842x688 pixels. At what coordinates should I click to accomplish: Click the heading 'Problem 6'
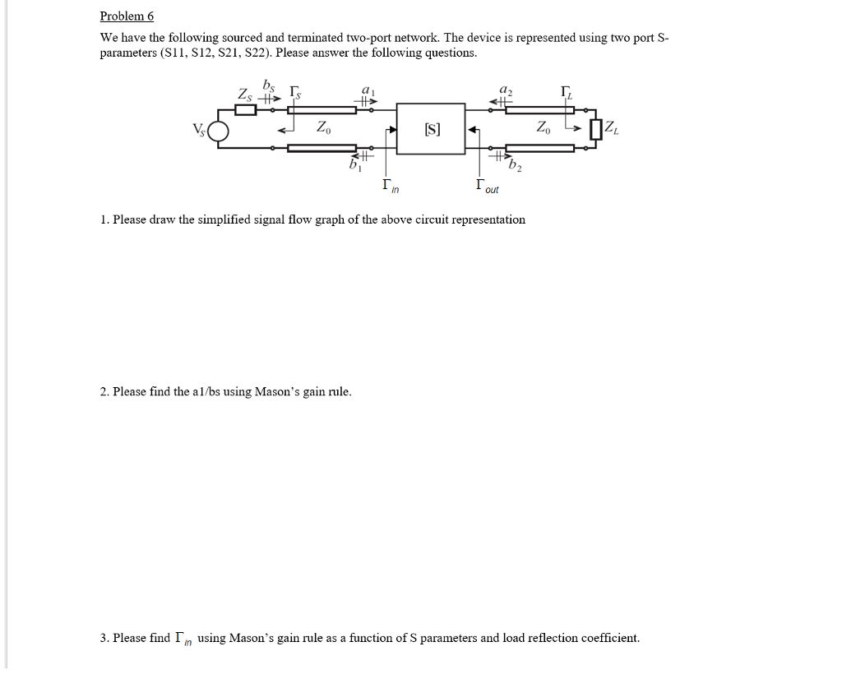point(127,16)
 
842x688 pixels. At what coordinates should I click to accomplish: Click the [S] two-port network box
point(431,128)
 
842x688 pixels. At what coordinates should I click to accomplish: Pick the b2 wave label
point(516,169)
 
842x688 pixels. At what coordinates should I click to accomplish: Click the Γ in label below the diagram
point(390,187)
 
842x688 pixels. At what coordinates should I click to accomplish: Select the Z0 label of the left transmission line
point(322,127)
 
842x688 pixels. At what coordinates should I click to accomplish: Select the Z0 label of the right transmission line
point(544,127)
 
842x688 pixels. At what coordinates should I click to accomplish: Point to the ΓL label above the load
point(565,91)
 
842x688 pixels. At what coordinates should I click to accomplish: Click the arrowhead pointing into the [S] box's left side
point(392,130)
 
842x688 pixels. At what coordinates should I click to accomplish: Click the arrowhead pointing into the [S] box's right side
point(471,129)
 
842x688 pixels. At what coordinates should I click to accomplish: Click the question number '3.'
point(104,638)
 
